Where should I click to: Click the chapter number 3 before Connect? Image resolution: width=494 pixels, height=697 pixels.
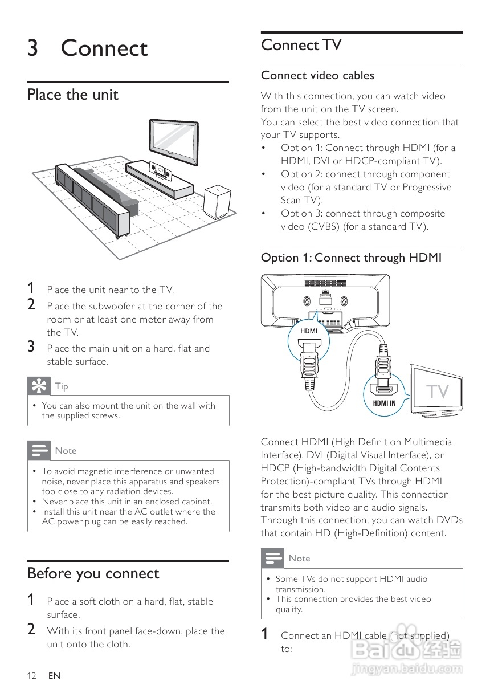coord(33,48)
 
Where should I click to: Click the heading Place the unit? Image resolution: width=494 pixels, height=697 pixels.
coord(73,95)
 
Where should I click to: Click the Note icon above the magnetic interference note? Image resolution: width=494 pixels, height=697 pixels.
coord(39,450)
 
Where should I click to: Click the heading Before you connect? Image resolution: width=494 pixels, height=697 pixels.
coord(93,573)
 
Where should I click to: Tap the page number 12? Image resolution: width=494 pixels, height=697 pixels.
coord(32,676)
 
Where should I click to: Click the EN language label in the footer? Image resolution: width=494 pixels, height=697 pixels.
coord(54,676)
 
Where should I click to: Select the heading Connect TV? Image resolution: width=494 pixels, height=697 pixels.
coord(301,45)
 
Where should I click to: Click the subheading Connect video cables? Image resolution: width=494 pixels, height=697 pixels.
coord(317,75)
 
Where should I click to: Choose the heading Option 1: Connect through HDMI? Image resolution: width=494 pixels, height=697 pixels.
coord(351,258)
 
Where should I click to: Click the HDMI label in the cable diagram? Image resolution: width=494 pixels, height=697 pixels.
coord(309,331)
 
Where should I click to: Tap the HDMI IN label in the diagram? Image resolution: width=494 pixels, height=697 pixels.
coord(384,403)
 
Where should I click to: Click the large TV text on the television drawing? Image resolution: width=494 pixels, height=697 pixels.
coord(438,392)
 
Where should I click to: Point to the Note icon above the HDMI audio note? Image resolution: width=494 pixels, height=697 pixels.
coord(272,558)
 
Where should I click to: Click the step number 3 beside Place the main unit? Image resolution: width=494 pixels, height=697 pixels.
coord(32,347)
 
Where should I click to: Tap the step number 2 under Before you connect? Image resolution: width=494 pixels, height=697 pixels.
coord(32,630)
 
